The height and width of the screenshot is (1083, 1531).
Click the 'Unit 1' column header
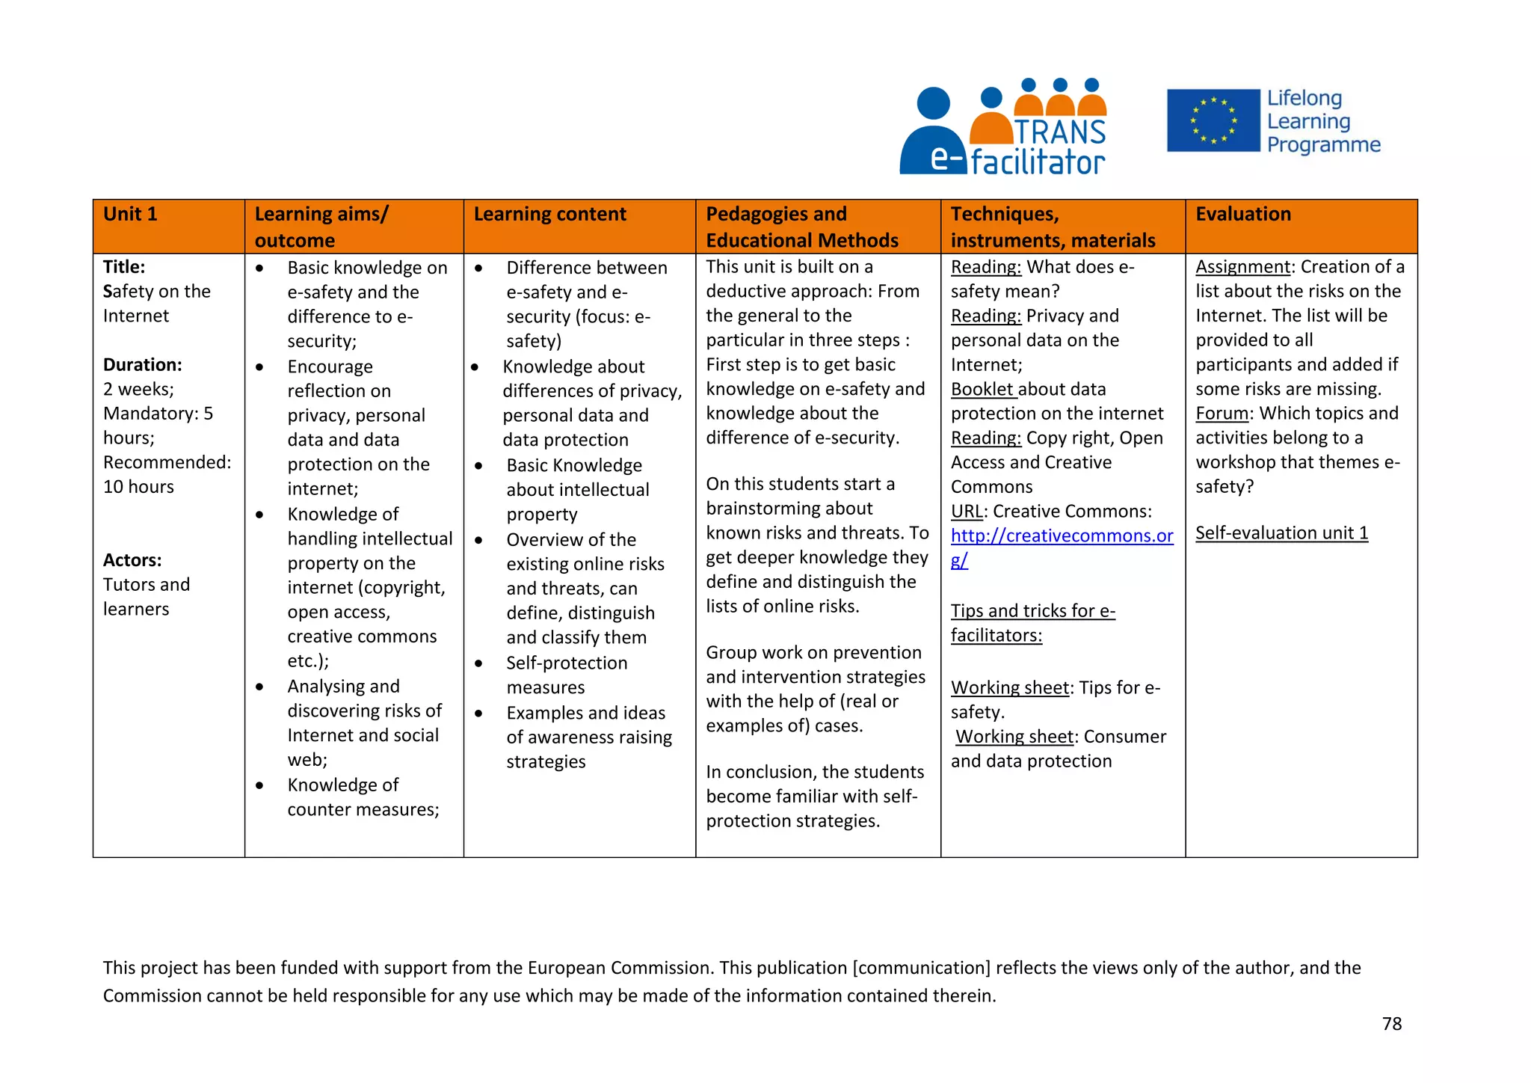[131, 215]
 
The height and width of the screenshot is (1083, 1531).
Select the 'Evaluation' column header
[1242, 215]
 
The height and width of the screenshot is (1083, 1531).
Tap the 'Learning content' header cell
[549, 215]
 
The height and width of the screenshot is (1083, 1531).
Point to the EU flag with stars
[1213, 120]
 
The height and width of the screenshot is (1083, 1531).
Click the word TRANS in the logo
[1060, 132]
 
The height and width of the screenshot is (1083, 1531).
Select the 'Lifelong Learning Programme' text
[1322, 121]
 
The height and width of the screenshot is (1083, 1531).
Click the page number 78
[1391, 1024]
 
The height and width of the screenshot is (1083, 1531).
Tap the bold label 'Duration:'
[142, 365]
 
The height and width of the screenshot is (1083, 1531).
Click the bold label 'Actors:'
[132, 560]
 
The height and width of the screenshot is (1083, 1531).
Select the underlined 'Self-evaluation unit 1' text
[1281, 533]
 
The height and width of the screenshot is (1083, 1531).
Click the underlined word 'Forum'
[1222, 414]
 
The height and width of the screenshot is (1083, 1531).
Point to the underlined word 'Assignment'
[1242, 267]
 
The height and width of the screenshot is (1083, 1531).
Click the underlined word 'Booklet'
[982, 390]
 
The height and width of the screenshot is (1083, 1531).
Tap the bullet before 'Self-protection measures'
[478, 663]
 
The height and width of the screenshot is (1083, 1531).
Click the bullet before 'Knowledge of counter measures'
[259, 785]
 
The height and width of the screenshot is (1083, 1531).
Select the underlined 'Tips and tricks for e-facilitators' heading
[1032, 622]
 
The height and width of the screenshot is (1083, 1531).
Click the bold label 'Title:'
[124, 267]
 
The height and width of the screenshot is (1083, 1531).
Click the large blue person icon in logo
[932, 135]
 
